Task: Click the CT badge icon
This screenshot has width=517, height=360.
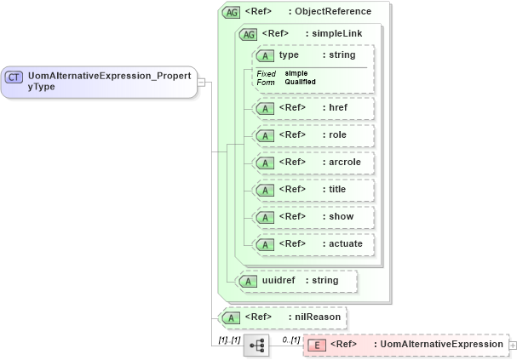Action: click(x=14, y=77)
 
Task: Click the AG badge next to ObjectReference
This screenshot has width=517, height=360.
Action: click(x=231, y=12)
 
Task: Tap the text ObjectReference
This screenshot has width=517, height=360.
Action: click(x=333, y=12)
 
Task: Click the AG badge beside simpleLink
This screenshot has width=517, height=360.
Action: click(x=248, y=34)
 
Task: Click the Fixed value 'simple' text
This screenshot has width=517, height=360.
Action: click(x=296, y=73)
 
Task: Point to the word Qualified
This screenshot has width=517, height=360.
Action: click(x=300, y=82)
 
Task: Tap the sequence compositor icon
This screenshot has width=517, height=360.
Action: click(x=256, y=345)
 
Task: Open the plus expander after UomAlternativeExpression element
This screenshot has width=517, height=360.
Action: click(x=513, y=345)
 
